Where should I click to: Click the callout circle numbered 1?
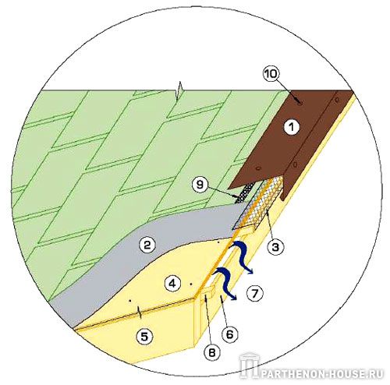click(x=292, y=127)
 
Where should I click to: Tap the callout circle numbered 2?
click(x=147, y=245)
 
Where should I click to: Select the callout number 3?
click(x=275, y=247)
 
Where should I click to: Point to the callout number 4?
click(x=173, y=284)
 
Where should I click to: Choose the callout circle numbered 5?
click(x=144, y=337)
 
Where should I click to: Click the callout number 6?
click(x=229, y=334)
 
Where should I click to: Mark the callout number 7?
click(x=255, y=294)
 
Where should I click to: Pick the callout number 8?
click(x=212, y=352)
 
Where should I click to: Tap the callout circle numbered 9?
click(x=200, y=185)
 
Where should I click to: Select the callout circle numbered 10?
click(x=271, y=74)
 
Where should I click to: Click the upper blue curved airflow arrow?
click(x=241, y=256)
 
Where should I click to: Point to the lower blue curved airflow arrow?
click(x=225, y=284)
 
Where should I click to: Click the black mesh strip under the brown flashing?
click(x=245, y=192)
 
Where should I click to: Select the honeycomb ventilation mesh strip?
click(x=260, y=203)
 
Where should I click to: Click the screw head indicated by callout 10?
click(x=300, y=104)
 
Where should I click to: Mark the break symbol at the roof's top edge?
click(x=179, y=91)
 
